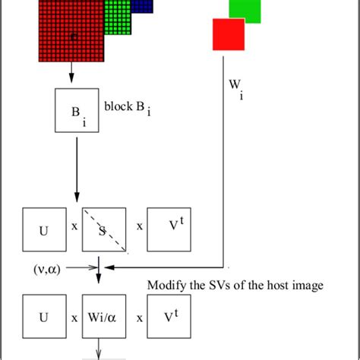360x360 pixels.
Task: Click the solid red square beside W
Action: pos(229,34)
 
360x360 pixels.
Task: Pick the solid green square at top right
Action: pos(245,10)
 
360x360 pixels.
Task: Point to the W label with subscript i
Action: pos(235,88)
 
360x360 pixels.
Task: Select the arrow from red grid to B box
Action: pos(71,73)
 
